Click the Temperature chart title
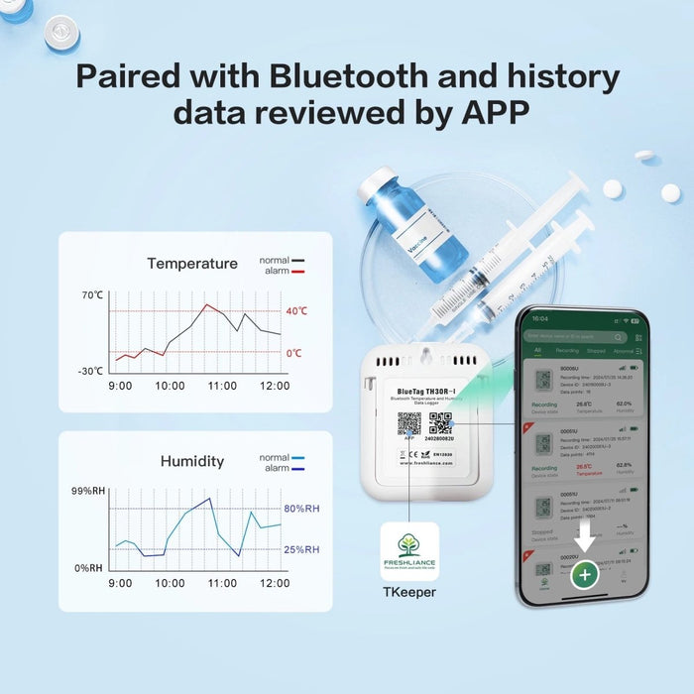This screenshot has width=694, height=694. click(x=192, y=264)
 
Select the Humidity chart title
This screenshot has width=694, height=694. click(x=192, y=461)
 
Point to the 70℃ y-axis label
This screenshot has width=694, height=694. click(x=92, y=295)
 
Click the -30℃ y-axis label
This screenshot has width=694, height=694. click(x=91, y=371)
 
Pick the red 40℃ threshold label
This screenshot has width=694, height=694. click(x=296, y=311)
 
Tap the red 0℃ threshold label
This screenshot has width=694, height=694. click(x=293, y=353)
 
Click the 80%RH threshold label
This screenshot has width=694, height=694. click(x=301, y=510)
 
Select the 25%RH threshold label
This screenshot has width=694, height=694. click(x=301, y=549)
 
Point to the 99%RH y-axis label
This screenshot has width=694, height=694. click(x=87, y=492)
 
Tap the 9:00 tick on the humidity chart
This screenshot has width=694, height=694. click(x=120, y=583)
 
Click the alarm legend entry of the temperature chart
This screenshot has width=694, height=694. click(x=282, y=271)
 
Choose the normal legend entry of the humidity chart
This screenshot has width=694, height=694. click(x=282, y=458)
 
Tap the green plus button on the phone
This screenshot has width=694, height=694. click(x=585, y=574)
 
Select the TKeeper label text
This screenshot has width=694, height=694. click(x=408, y=593)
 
